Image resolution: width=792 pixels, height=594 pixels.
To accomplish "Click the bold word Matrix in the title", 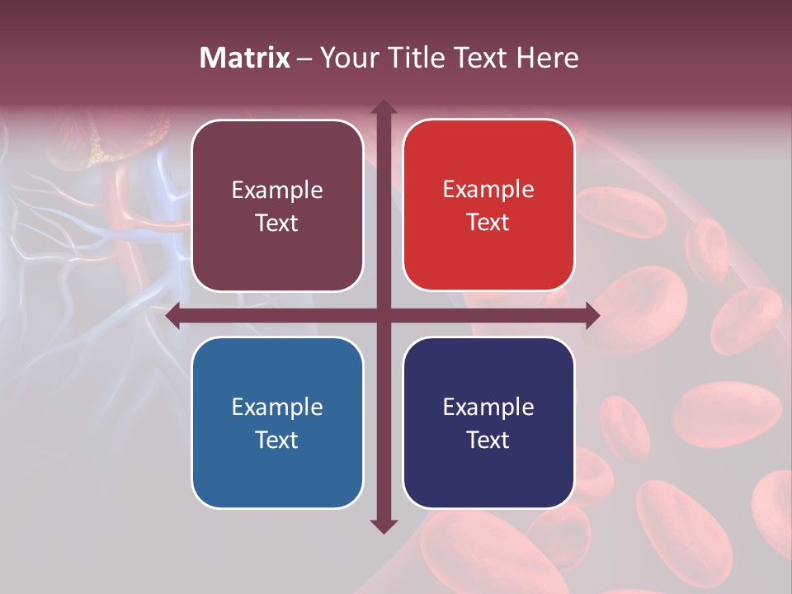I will (245, 58).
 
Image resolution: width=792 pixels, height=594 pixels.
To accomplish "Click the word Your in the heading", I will (346, 58).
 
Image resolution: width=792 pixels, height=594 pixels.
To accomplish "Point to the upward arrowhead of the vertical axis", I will (383, 107).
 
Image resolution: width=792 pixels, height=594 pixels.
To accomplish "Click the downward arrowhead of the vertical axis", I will (383, 526).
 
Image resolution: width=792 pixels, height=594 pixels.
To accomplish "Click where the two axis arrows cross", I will (383, 315).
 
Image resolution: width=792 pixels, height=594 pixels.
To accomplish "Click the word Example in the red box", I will (488, 189).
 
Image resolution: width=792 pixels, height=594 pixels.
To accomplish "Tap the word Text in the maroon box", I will (276, 223).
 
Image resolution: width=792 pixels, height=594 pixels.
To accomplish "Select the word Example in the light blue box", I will (277, 407).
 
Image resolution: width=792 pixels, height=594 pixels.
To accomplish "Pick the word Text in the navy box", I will (488, 440).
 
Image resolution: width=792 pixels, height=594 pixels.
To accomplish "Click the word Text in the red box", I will (488, 222).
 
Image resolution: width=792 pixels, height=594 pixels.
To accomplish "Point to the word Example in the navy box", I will (488, 407).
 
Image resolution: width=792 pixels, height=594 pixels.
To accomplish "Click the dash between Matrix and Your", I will (304, 59).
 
